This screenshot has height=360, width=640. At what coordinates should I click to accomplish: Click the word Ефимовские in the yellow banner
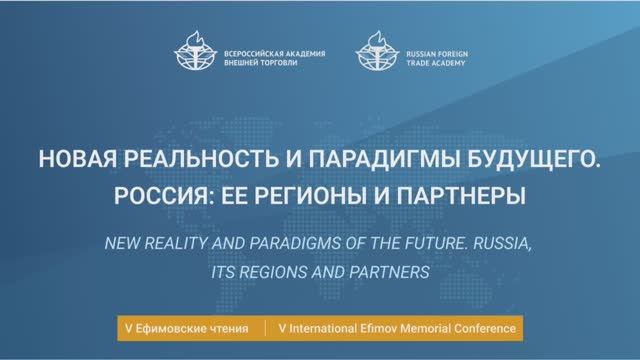click(x=169, y=328)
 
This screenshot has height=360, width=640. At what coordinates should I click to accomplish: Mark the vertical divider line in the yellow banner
click(x=264, y=328)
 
